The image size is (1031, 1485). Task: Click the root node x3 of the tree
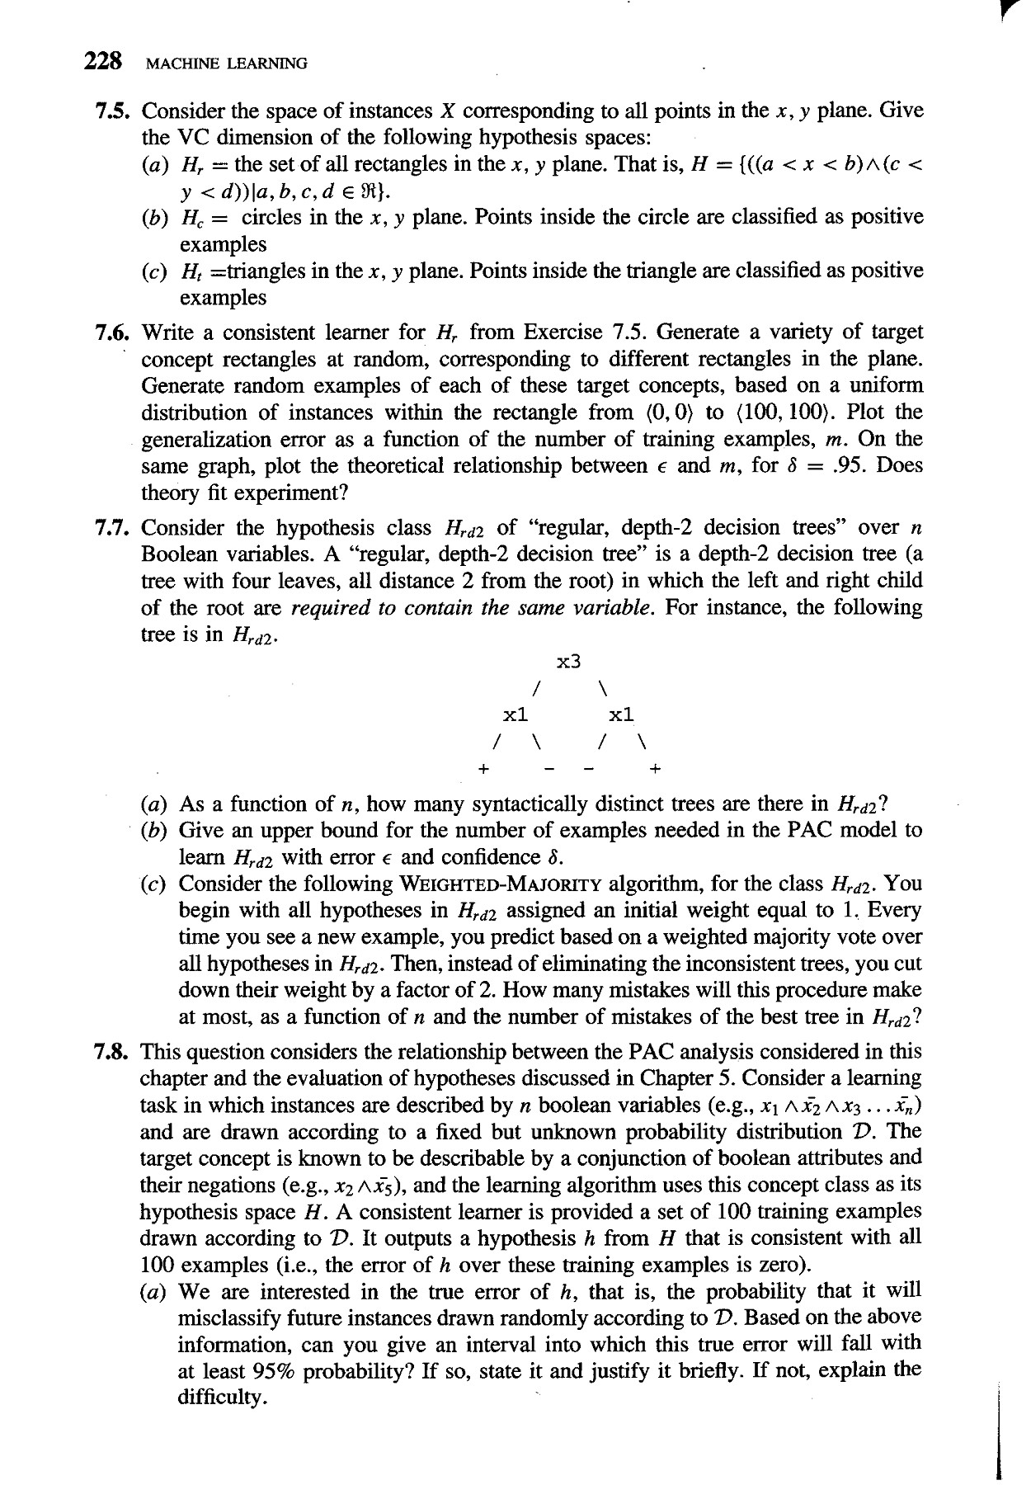(570, 661)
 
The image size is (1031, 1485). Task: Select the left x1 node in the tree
(516, 714)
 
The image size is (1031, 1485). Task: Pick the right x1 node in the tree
(620, 714)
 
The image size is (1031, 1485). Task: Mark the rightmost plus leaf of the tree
(655, 769)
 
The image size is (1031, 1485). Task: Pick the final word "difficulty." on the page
(220, 1398)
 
